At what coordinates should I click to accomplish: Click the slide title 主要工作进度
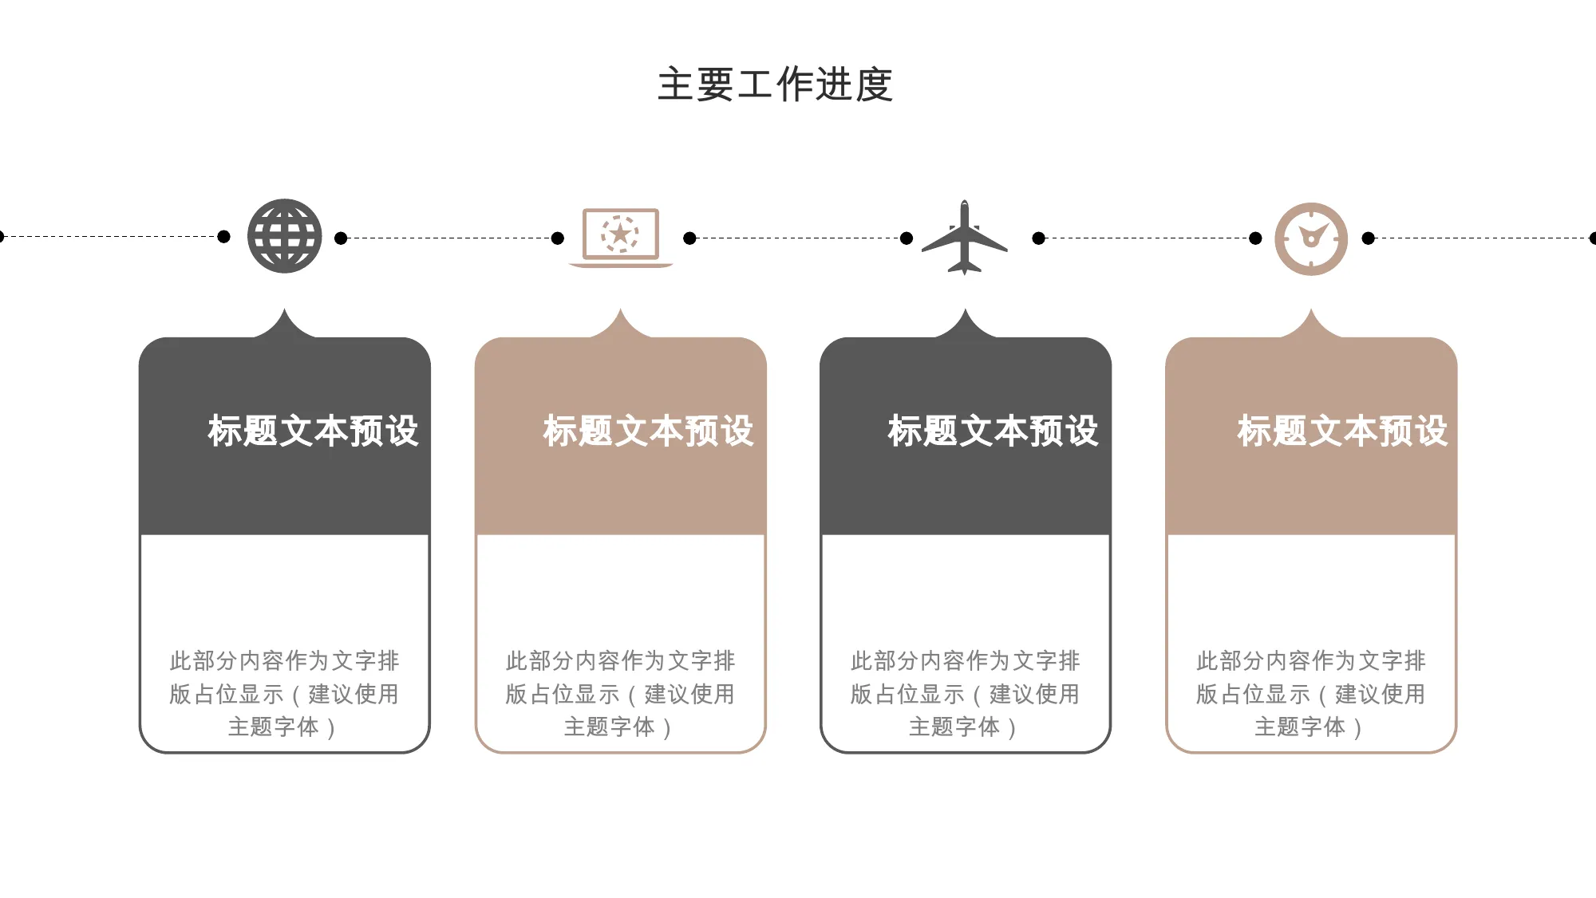click(775, 85)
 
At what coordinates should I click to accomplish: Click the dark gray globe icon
click(285, 236)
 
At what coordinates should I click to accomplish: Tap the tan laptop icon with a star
click(621, 238)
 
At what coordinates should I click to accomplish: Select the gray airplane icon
click(965, 238)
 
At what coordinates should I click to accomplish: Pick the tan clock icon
click(1311, 238)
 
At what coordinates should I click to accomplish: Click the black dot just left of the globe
click(224, 237)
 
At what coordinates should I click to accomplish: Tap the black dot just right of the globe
click(341, 238)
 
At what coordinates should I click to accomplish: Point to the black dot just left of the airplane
click(907, 238)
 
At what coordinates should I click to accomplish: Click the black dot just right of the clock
click(1369, 238)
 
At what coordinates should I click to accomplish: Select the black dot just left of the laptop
click(558, 238)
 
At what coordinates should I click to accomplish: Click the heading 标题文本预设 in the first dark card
click(313, 431)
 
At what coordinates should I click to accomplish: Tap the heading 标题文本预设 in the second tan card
click(648, 431)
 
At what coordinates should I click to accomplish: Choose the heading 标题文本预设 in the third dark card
click(993, 431)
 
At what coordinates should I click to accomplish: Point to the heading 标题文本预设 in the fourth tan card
click(1342, 431)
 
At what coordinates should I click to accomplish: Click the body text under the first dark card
click(284, 694)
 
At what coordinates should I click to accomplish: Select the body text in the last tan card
click(1311, 694)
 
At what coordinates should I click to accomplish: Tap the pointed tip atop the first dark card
click(285, 309)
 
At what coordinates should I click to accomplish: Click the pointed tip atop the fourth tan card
click(1311, 309)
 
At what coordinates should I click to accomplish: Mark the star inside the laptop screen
click(620, 234)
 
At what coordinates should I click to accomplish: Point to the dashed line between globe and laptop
click(449, 238)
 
